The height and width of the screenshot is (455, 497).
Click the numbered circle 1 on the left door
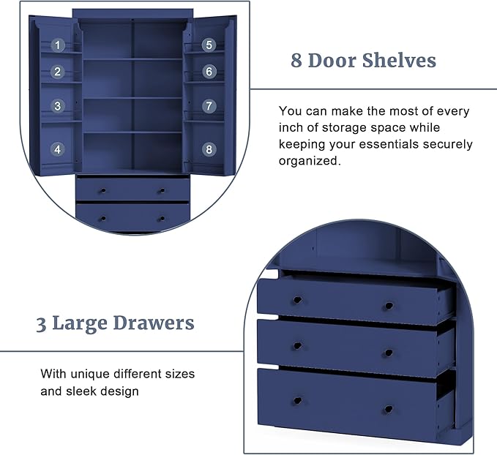pyautogui.click(x=57, y=45)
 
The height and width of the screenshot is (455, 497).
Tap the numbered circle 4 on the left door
pyautogui.click(x=57, y=149)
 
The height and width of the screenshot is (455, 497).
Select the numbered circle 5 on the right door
pyautogui.click(x=209, y=45)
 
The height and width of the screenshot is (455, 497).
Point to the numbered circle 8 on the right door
pyautogui.click(x=209, y=149)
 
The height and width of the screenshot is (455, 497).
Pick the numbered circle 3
pyautogui.click(x=57, y=106)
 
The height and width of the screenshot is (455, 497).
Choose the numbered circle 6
pyautogui.click(x=209, y=72)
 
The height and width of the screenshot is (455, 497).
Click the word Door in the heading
pyautogui.click(x=332, y=60)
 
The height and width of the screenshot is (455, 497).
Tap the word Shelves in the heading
pyautogui.click(x=399, y=60)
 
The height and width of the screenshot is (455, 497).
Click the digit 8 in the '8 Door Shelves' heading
pyautogui.click(x=296, y=61)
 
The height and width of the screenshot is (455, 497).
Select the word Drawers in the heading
pyautogui.click(x=154, y=323)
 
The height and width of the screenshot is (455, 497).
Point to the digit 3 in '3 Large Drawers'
pyautogui.click(x=41, y=325)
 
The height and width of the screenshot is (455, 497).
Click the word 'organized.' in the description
pyautogui.click(x=310, y=161)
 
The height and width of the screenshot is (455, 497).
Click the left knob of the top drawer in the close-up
pyautogui.click(x=297, y=300)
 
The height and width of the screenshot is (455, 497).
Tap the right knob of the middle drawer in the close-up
pyautogui.click(x=389, y=353)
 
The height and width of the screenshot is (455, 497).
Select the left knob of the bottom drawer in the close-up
pyautogui.click(x=297, y=401)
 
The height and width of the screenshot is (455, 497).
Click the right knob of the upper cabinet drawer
pyautogui.click(x=162, y=191)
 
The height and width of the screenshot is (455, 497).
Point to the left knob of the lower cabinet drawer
pyautogui.click(x=103, y=219)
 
